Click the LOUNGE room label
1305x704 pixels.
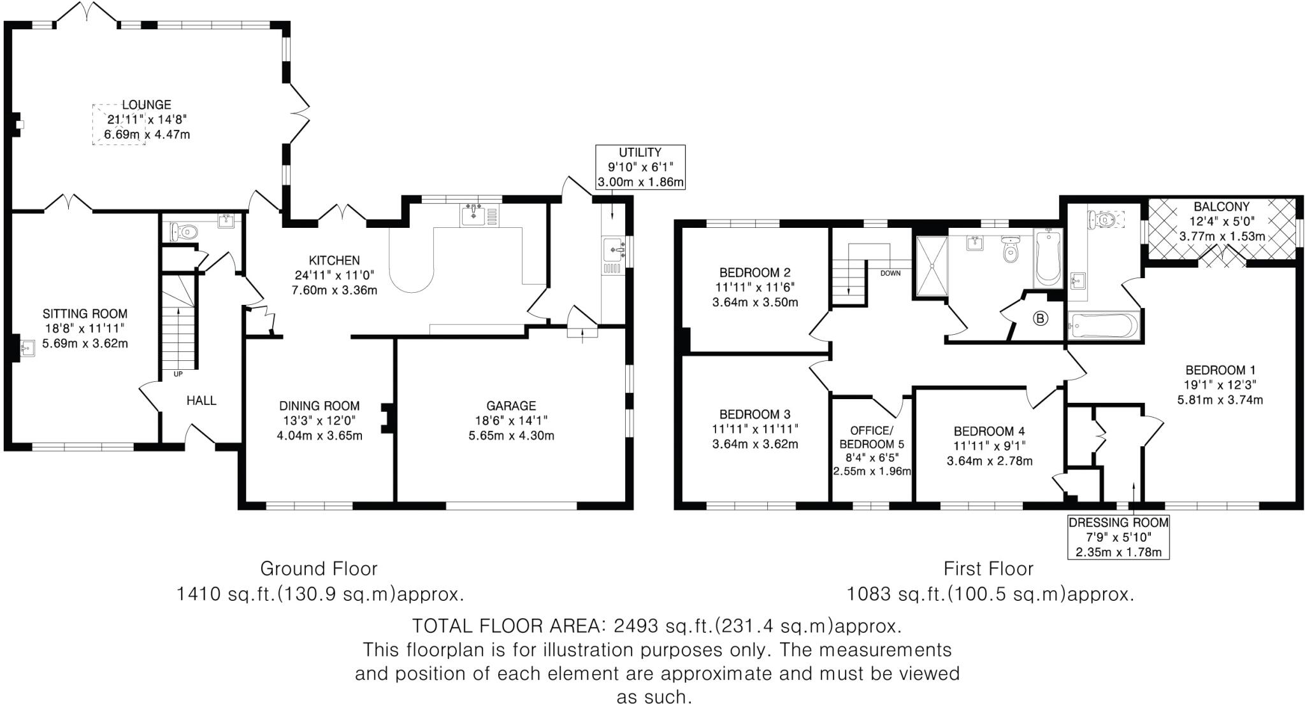click(147, 105)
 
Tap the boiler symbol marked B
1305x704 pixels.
click(1040, 319)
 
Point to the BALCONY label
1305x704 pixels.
click(1222, 207)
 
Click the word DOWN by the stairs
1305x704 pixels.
click(890, 274)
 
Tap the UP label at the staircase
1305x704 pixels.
click(178, 374)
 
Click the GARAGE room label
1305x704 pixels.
click(511, 405)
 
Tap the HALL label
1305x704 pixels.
click(201, 400)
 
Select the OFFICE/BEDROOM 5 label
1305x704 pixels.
click(871, 437)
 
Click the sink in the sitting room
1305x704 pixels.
click(26, 348)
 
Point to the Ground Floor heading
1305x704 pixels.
click(319, 568)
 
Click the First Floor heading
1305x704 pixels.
click(988, 568)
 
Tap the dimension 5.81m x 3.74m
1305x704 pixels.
click(1220, 400)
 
